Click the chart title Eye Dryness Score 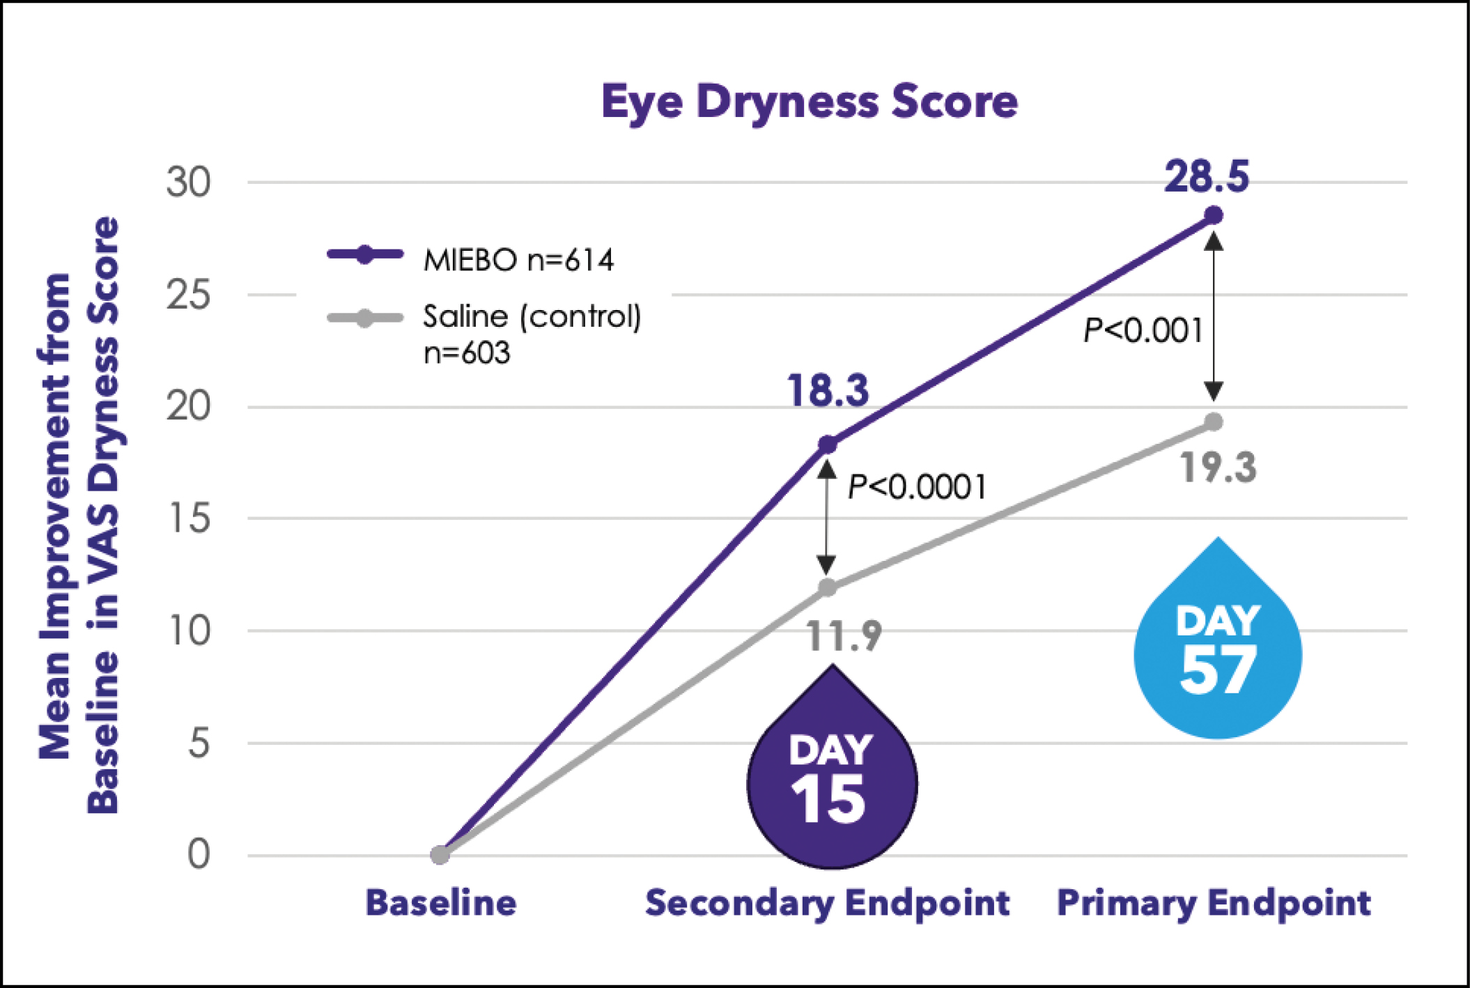coord(810,102)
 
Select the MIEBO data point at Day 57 coord(1214,215)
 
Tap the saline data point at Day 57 coord(1214,422)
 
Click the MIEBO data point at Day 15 coord(827,445)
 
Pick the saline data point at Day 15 coord(827,587)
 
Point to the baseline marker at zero coord(440,855)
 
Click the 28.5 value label coord(1207,177)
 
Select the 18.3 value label coord(828,391)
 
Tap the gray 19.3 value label coord(1218,468)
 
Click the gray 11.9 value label coord(844,636)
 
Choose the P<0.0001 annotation coord(917,487)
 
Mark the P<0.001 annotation coord(1143,330)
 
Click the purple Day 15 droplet coord(832,780)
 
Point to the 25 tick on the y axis coord(188,295)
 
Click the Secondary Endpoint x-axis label coord(827,903)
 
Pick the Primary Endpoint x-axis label coord(1214,903)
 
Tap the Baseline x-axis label coord(440,903)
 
